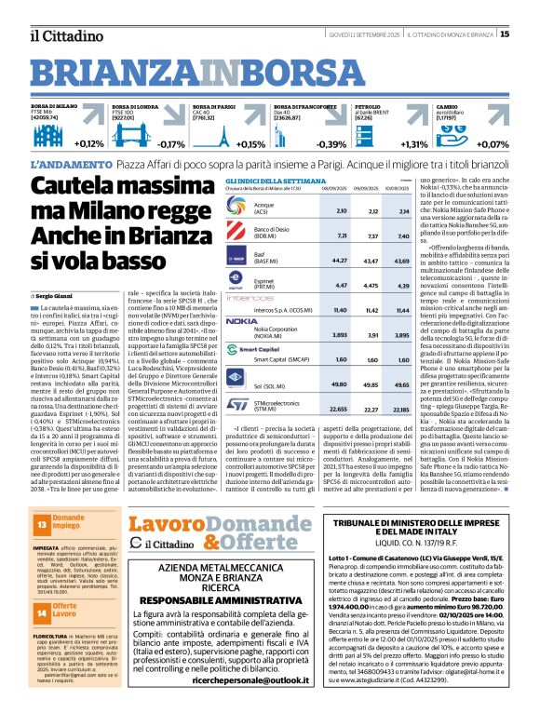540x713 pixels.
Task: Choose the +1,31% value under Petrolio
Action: (414, 144)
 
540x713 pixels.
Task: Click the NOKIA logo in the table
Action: (241, 320)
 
